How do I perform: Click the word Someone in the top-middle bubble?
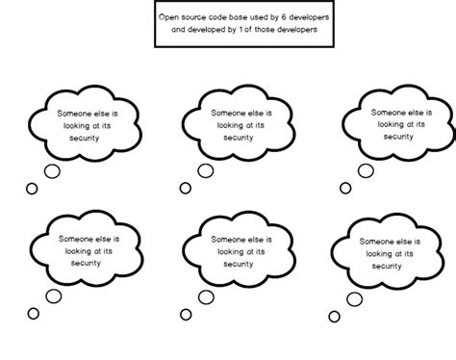coord(228,113)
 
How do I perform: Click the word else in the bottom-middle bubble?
coord(260,240)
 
